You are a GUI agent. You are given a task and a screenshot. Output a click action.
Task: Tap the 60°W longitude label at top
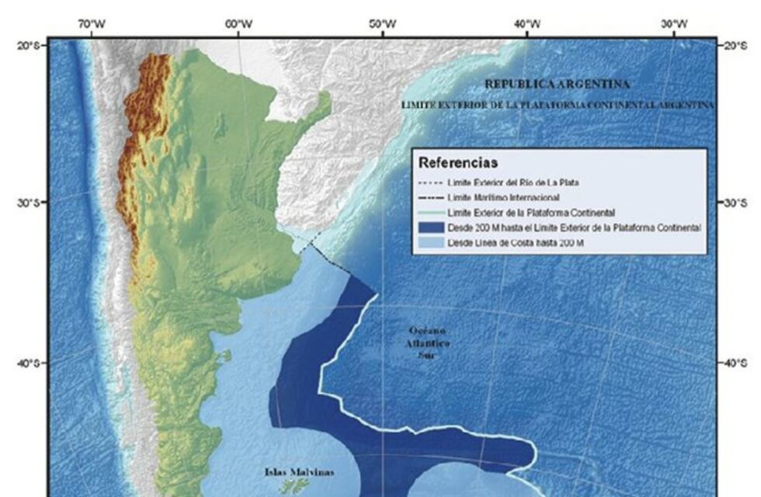click(x=238, y=24)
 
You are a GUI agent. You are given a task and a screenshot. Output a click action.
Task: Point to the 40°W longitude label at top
click(x=527, y=24)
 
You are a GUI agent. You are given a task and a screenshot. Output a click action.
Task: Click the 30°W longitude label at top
click(x=672, y=24)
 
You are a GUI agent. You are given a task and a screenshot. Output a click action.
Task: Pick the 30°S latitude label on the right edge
click(x=735, y=203)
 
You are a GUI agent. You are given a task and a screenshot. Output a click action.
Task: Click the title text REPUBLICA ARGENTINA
click(x=558, y=84)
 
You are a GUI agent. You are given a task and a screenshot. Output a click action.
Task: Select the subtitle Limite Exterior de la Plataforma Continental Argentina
click(x=558, y=104)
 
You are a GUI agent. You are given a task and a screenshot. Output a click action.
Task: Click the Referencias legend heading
click(x=457, y=163)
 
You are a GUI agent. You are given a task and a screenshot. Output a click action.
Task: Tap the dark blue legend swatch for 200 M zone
click(x=431, y=228)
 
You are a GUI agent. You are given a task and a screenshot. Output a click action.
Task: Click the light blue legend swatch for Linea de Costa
click(x=431, y=242)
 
